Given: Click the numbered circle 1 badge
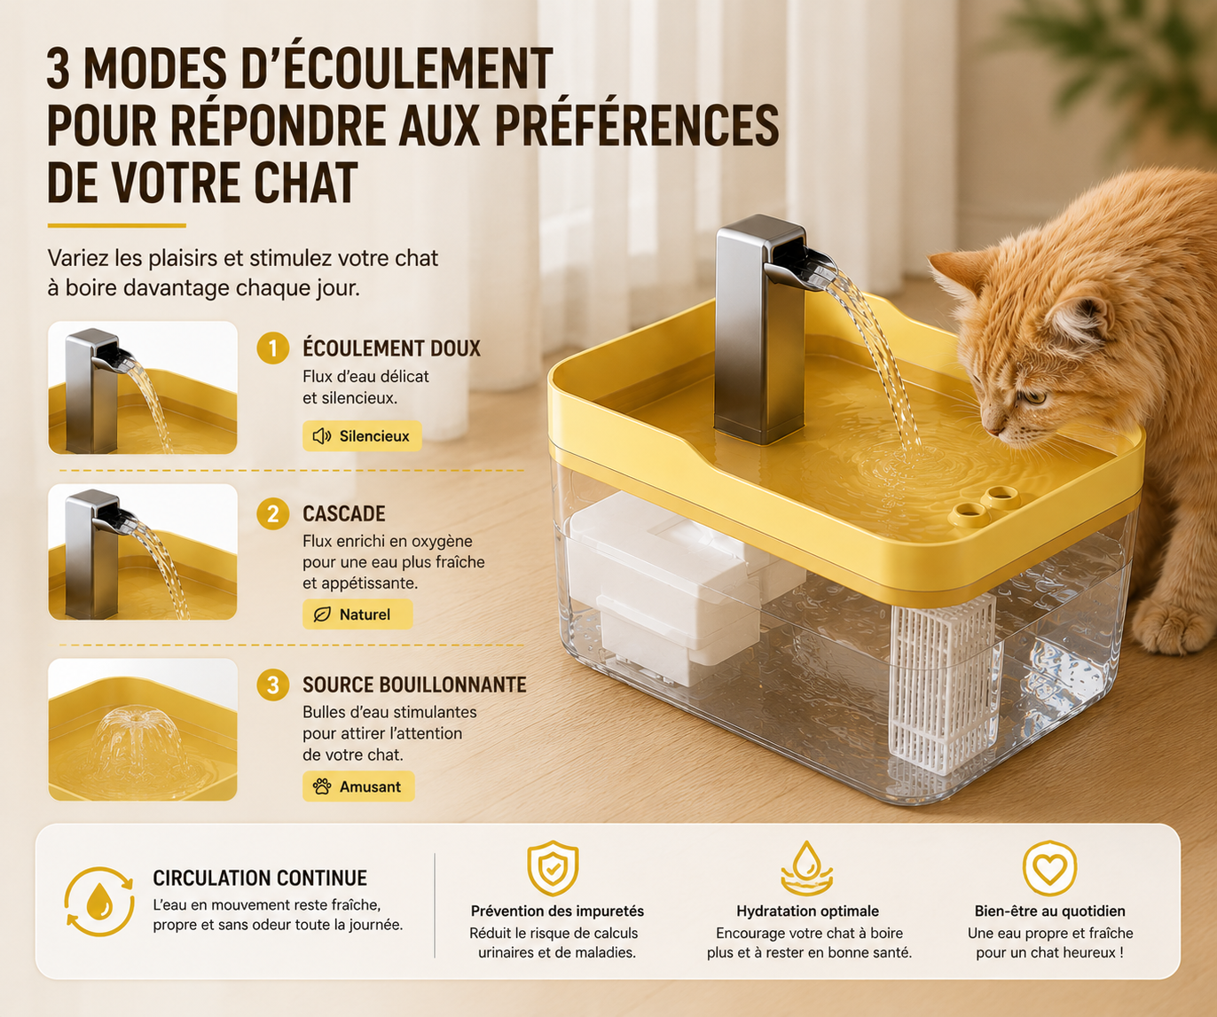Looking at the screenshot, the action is pyautogui.click(x=273, y=348).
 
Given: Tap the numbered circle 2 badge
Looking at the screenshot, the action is pyautogui.click(x=273, y=514).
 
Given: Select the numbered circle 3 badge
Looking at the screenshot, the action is pyautogui.click(x=273, y=685).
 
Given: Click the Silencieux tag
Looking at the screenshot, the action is pyautogui.click(x=362, y=436).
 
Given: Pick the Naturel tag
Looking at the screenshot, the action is pyautogui.click(x=357, y=614).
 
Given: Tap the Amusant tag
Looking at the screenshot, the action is pyautogui.click(x=358, y=786).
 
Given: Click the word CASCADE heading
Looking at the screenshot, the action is pyautogui.click(x=344, y=514).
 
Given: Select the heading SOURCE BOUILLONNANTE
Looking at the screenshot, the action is pyautogui.click(x=414, y=685).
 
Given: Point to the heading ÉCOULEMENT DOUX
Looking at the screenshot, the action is pyautogui.click(x=392, y=348).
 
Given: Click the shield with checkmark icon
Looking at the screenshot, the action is pyautogui.click(x=553, y=868).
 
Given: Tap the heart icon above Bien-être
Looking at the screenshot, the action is pyautogui.click(x=1049, y=868).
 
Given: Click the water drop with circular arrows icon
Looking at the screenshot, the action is pyautogui.click(x=99, y=901).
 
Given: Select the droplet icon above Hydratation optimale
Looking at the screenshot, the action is pyautogui.click(x=807, y=868).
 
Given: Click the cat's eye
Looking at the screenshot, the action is pyautogui.click(x=1032, y=398).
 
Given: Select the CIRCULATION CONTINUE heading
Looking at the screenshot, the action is pyautogui.click(x=260, y=878).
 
